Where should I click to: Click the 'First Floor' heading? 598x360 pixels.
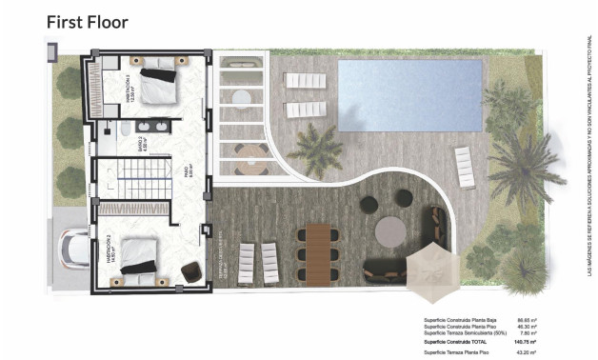(87, 20)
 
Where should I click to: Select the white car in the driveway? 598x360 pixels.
(74, 250)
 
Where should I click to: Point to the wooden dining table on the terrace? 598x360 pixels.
(316, 252)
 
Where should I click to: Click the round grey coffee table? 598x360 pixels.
(389, 231)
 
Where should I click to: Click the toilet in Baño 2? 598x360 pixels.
(125, 129)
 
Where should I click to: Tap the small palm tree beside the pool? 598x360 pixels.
(315, 149)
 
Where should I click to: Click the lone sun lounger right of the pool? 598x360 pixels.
(464, 167)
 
